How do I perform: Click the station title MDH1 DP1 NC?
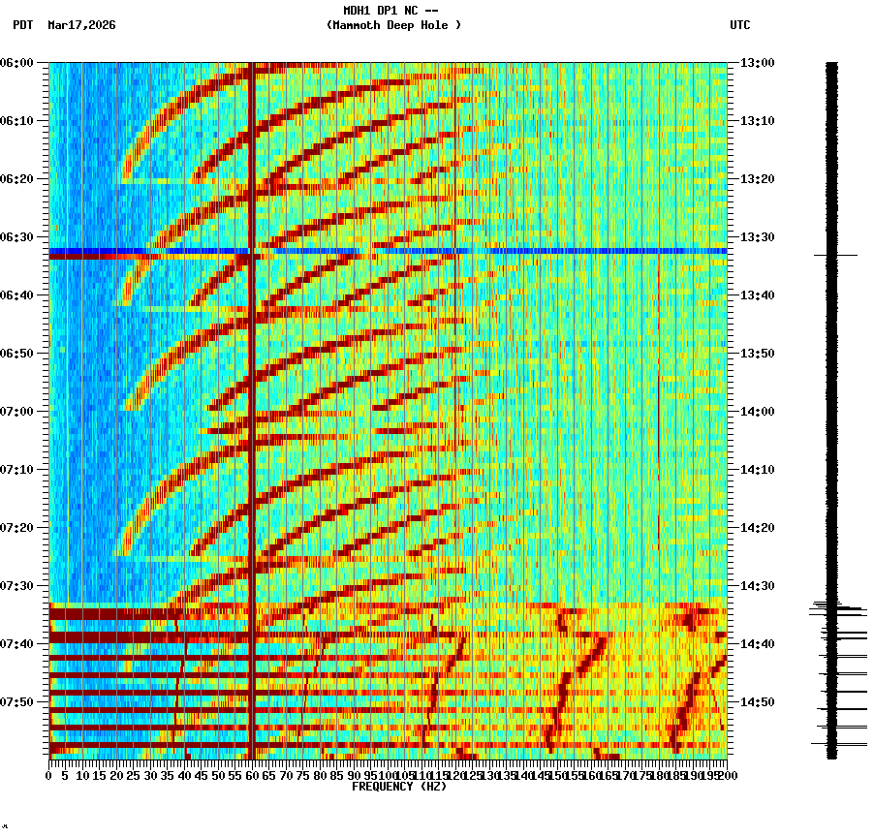coord(393,11)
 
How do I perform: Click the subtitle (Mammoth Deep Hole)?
coord(393,25)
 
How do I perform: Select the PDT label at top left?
coord(22,25)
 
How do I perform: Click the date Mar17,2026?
coord(80,25)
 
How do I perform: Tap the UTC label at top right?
coord(739,25)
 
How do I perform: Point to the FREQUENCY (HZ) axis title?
coord(398,787)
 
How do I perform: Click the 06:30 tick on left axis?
coord(17,236)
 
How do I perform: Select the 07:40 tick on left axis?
coord(17,643)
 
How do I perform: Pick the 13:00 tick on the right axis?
coord(758,62)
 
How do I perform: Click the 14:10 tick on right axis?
coord(758,469)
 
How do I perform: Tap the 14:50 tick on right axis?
coord(758,701)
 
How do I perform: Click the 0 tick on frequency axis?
coord(49,776)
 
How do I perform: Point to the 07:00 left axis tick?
coord(17,411)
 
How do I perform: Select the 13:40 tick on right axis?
coord(758,294)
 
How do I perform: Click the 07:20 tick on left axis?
coord(17,527)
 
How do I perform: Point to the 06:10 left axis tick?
coord(17,120)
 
